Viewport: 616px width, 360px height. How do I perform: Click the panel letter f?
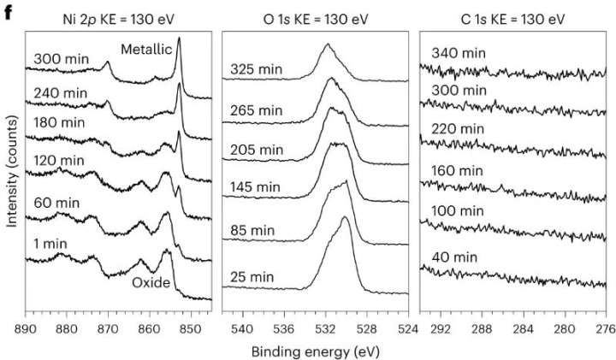pos(8,12)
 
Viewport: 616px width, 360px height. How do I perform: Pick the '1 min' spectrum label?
pos(52,242)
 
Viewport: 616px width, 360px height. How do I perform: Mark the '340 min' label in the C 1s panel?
pos(459,53)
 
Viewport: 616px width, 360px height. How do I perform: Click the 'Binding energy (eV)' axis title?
pos(315,351)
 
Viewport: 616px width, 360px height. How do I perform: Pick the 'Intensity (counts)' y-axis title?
pos(11,171)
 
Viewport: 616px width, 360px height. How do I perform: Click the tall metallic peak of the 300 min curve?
pos(179,39)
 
